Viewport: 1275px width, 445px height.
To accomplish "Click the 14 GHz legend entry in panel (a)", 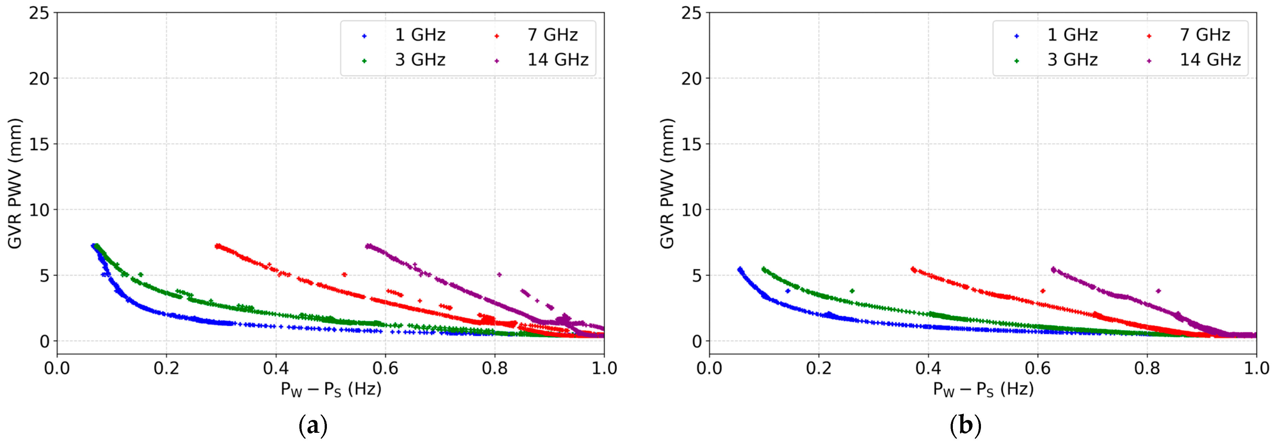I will [x=557, y=60].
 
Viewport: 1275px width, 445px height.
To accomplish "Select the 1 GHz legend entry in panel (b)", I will [x=1072, y=35].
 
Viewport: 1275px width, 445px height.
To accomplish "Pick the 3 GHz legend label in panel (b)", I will [x=1072, y=60].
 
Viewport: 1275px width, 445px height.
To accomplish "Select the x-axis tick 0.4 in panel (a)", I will [x=276, y=368].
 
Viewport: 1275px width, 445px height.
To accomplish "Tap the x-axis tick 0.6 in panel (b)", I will [x=1037, y=368].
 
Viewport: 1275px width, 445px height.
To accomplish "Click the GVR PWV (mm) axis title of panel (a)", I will [x=15, y=183].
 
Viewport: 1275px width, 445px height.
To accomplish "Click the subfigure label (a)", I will [x=313, y=426].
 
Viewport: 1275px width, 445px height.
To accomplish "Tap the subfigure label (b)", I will [x=965, y=426].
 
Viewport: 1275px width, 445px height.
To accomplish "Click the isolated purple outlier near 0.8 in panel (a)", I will [x=499, y=274].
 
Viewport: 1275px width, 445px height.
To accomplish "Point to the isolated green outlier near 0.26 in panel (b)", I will [x=852, y=291].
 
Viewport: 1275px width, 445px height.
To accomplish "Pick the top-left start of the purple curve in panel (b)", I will [x=1053, y=269].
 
